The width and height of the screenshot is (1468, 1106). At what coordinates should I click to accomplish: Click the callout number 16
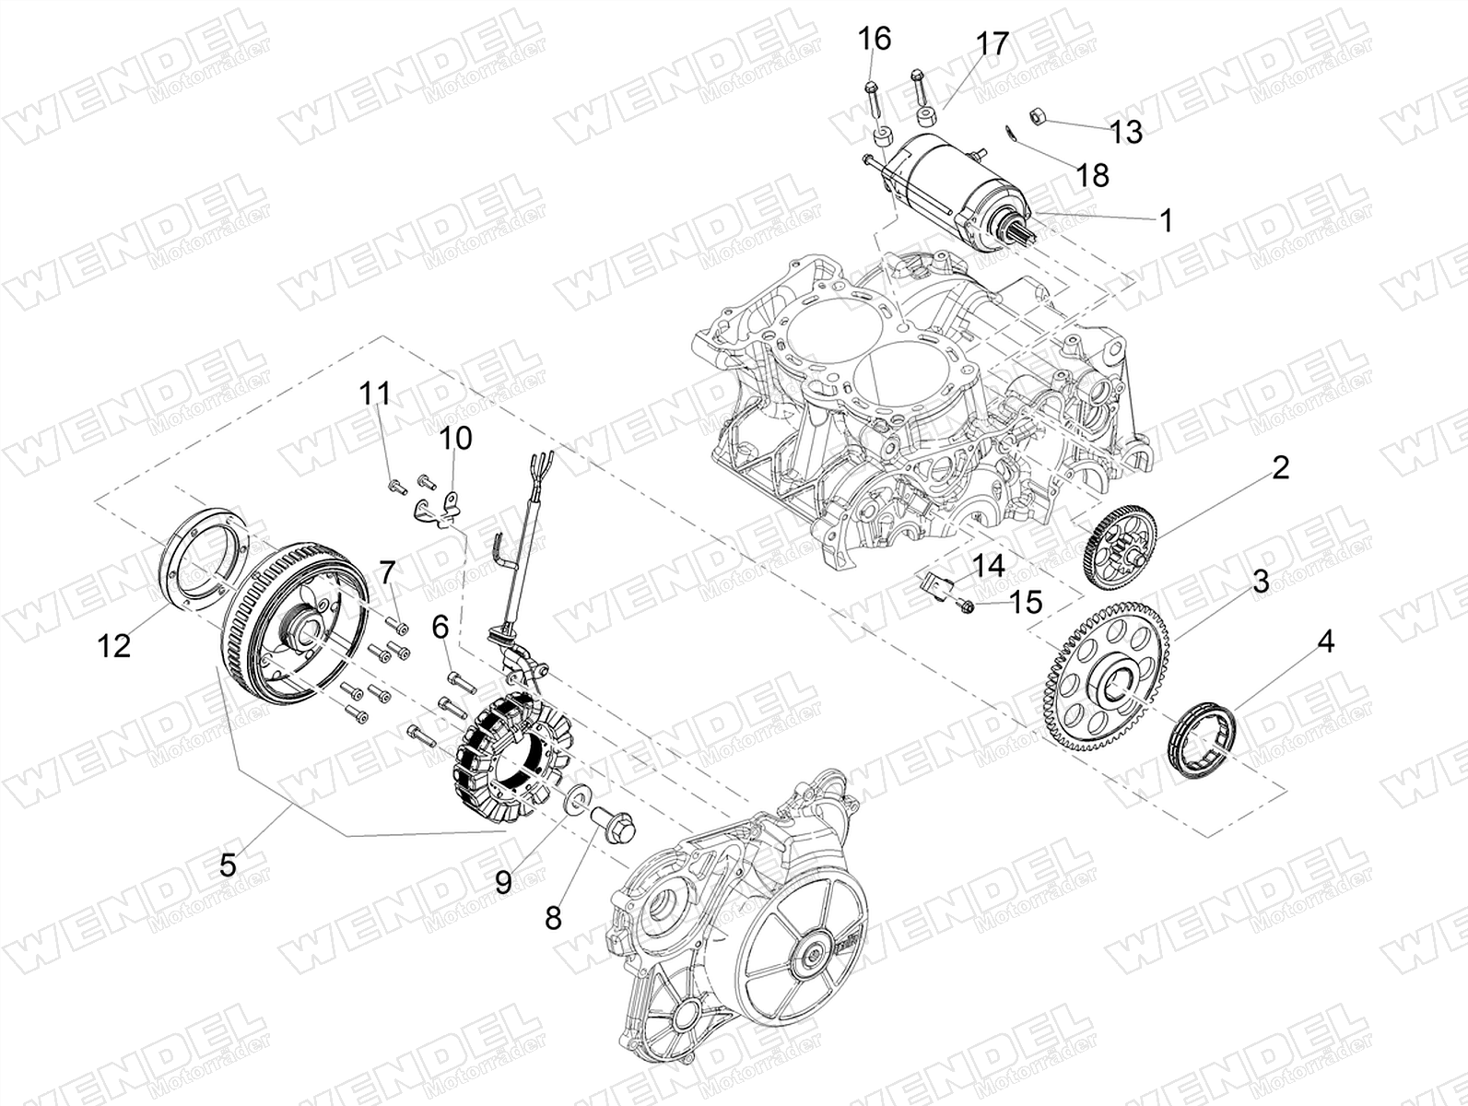(875, 39)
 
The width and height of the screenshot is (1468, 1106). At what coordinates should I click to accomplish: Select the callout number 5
(228, 865)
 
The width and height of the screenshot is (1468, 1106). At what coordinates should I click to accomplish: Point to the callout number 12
(113, 646)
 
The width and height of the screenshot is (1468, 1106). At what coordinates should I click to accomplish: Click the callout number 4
(1326, 641)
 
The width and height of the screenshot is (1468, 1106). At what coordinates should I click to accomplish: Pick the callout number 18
(1092, 176)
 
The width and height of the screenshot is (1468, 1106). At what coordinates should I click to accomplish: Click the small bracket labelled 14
(932, 583)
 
